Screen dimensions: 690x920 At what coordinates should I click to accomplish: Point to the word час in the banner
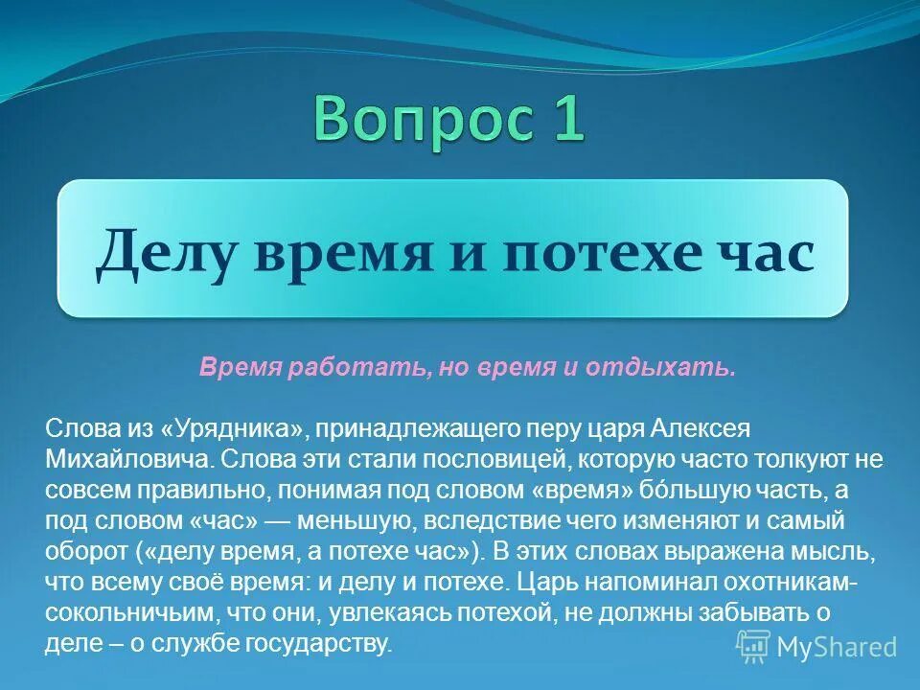point(767,252)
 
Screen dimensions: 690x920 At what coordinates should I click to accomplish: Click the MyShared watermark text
point(837,647)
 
